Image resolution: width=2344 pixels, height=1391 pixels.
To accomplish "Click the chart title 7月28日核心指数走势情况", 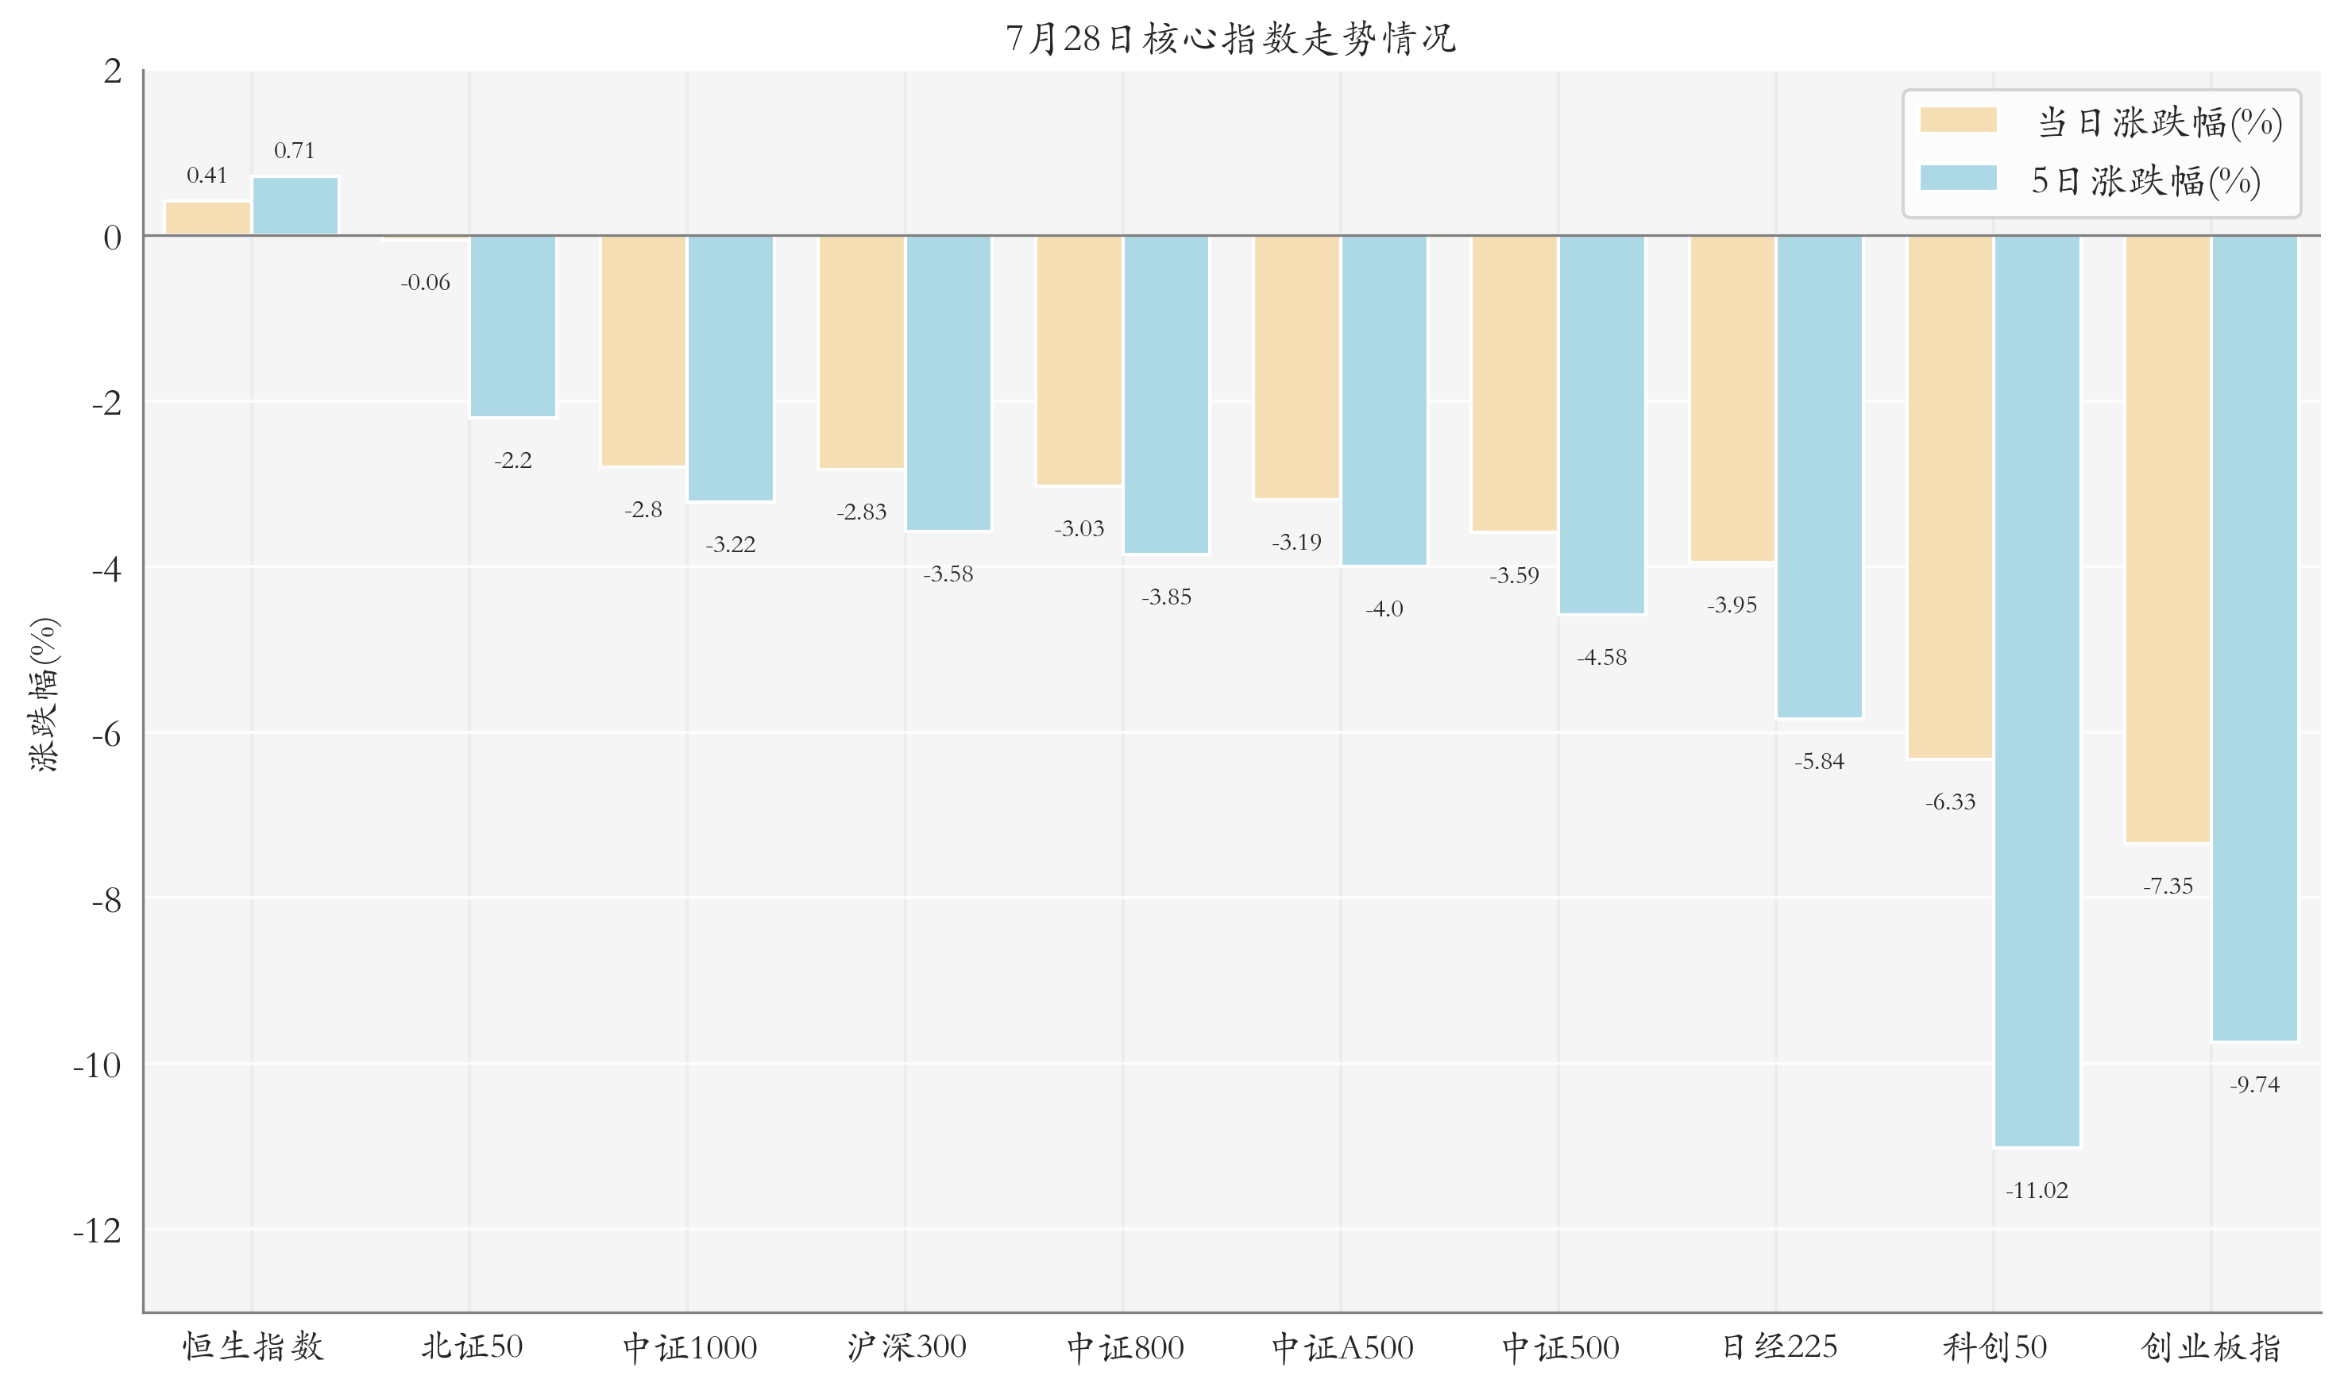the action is point(1230,38).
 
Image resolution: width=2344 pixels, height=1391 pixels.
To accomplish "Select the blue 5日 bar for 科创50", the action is point(2037,691).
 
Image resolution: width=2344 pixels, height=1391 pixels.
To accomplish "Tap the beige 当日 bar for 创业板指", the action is point(2168,539).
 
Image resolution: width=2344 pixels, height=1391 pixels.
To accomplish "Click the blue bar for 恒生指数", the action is point(295,207).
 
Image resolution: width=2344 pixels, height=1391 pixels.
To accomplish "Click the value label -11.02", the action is point(2037,1190).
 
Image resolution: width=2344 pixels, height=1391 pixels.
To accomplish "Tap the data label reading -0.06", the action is point(426,282).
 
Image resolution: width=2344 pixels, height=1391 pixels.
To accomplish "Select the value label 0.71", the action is point(294,150).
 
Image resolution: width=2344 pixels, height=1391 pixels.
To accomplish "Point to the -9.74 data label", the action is point(2255,1084).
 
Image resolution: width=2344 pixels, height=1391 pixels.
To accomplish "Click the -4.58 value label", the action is point(1601,657).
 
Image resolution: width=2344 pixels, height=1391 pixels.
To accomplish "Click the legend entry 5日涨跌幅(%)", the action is point(2091,180).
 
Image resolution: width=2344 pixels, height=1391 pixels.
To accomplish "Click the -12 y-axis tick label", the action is point(98,1231).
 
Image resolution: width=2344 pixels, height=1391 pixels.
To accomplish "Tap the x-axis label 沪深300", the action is point(906,1347).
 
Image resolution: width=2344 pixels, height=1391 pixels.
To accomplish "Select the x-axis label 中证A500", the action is point(1342,1347).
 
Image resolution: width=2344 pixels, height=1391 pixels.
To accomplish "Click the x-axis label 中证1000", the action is point(689,1347).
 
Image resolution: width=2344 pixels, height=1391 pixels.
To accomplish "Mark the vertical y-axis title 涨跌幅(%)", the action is point(44,694).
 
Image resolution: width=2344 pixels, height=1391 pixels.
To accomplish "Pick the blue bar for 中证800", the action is point(1166,395).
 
